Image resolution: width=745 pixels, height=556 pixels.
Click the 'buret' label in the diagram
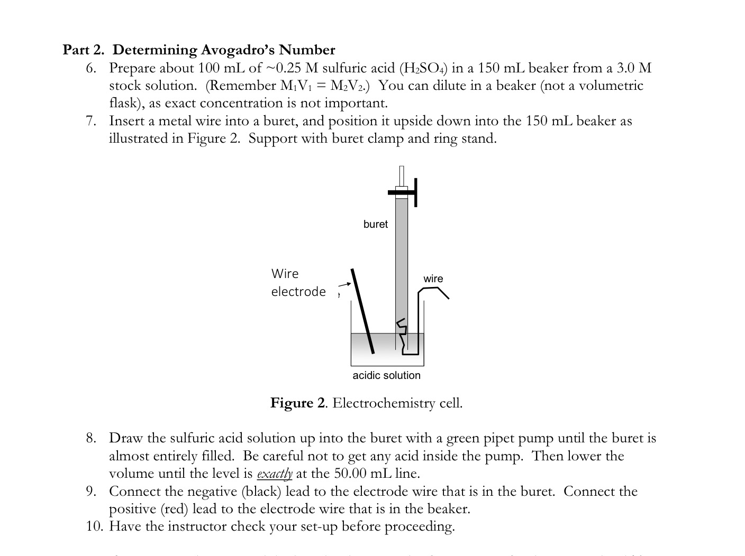point(375,224)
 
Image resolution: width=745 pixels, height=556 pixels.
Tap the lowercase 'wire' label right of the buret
point(433,279)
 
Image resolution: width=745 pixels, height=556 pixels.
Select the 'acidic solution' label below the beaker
point(386,375)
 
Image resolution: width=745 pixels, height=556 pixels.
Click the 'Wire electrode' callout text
point(298,283)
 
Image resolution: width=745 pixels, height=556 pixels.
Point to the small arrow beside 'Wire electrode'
point(344,285)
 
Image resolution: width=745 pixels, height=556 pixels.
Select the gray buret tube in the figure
point(402,254)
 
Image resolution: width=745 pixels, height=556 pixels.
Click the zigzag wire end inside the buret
point(403,330)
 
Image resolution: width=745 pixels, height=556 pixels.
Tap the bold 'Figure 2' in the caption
point(298,403)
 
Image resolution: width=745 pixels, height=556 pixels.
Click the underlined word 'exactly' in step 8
point(274,474)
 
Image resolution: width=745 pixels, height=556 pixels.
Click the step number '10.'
point(95,526)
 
